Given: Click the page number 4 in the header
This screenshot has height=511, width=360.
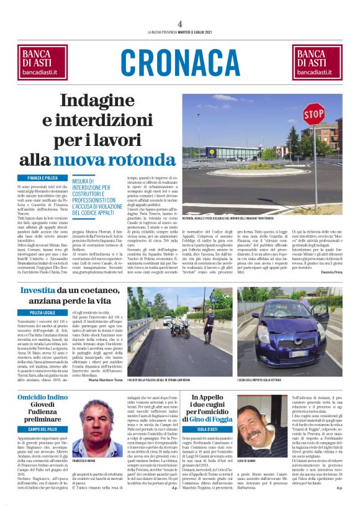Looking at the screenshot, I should (180, 24).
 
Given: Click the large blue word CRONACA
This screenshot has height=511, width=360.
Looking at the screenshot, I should (180, 63).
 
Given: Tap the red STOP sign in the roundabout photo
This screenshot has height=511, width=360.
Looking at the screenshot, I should (313, 115).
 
